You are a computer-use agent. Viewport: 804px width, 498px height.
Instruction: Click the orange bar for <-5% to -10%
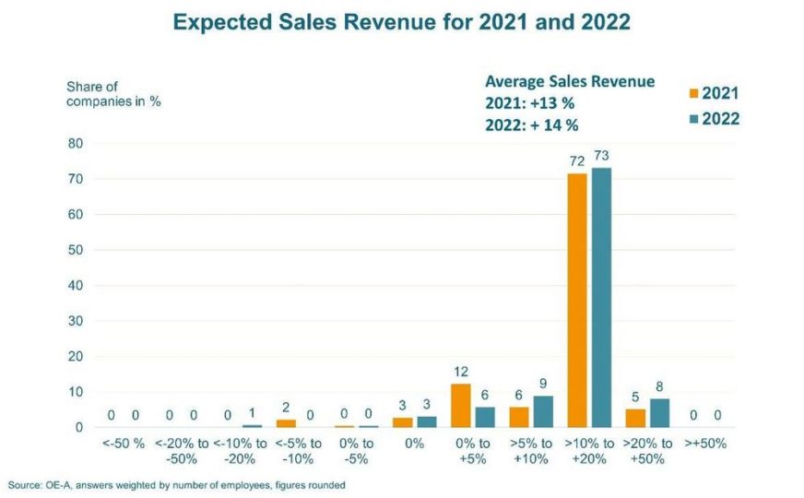tap(286, 423)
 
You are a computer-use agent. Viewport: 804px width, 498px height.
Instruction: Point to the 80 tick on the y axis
tap(75, 144)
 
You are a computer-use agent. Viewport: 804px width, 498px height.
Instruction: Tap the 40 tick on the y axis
tap(75, 286)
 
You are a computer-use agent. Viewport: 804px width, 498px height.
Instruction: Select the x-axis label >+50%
tap(705, 444)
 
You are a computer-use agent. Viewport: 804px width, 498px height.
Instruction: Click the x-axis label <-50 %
tap(124, 444)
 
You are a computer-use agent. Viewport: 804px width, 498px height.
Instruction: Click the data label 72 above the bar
tap(578, 160)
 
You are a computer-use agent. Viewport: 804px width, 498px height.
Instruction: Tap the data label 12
tap(461, 372)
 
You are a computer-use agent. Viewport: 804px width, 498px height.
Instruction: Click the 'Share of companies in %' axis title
tap(113, 94)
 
